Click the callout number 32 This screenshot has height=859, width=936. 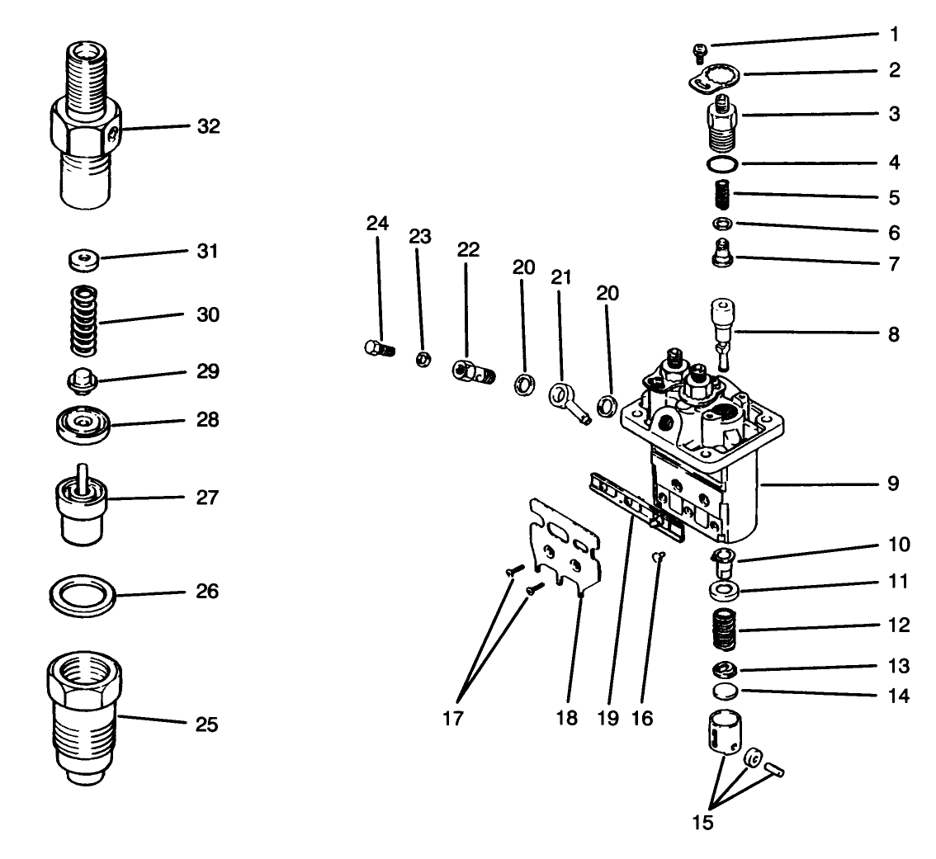click(x=209, y=126)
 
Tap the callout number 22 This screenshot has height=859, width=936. click(x=468, y=251)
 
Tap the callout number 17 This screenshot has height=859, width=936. click(x=452, y=719)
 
